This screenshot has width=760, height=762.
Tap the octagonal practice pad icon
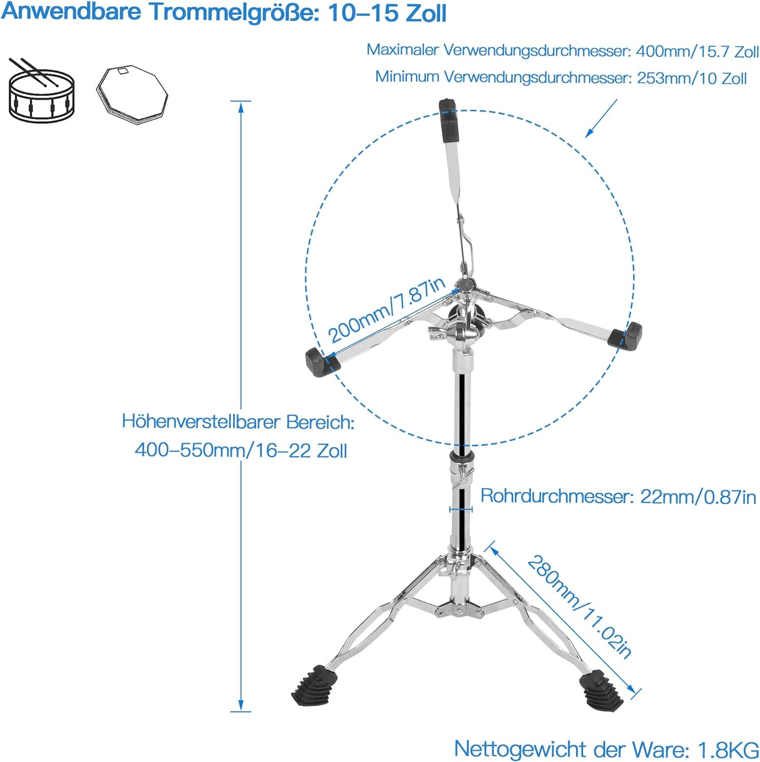point(132,94)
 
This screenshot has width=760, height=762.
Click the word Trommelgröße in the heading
point(234,12)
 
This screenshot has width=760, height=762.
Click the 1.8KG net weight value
point(728,750)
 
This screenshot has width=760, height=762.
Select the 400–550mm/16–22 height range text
point(241,451)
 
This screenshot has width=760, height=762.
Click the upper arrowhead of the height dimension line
point(241,107)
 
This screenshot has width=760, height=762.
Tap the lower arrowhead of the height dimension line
point(241,705)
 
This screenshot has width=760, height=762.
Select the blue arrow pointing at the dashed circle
point(601,118)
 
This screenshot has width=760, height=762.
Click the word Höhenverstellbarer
point(202,422)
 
